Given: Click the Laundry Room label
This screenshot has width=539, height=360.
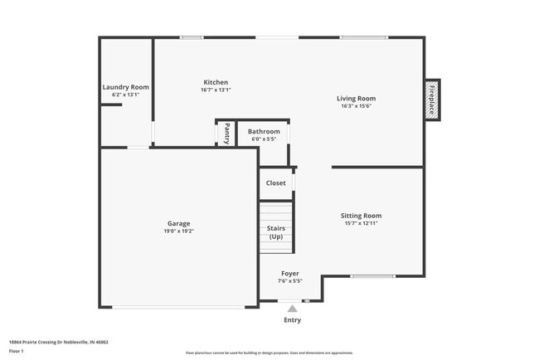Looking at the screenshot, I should (x=125, y=87).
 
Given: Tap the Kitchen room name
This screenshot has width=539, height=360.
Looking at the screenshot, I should (x=216, y=82).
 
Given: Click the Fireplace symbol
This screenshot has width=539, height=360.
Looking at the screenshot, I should (x=432, y=100).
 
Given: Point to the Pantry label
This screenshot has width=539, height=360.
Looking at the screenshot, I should (x=226, y=134).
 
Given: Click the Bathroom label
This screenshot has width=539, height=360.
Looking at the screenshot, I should (x=264, y=131).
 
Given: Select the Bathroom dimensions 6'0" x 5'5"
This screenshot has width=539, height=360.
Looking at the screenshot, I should (x=264, y=139).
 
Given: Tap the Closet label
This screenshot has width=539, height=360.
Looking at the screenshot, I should (x=275, y=183).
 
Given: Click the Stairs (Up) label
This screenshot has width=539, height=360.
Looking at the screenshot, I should (x=275, y=232).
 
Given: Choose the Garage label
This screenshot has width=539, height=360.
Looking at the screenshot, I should (x=178, y=223).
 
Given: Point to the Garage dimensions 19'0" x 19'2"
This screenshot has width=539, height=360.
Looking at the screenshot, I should (x=178, y=231).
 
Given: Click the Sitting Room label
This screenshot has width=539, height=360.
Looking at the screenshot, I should (x=361, y=216).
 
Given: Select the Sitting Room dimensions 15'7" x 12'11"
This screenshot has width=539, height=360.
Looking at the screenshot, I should (x=361, y=224).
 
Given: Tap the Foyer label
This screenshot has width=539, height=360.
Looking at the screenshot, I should (x=290, y=273).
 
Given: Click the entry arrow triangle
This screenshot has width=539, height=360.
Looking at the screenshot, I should (x=292, y=309).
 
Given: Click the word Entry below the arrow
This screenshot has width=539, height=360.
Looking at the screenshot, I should (x=292, y=320).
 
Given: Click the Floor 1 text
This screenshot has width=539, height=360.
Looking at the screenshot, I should (x=17, y=351).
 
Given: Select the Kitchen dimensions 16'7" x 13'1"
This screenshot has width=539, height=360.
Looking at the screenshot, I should (x=216, y=90).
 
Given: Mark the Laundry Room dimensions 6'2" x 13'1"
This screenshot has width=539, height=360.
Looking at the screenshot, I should (x=125, y=95).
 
